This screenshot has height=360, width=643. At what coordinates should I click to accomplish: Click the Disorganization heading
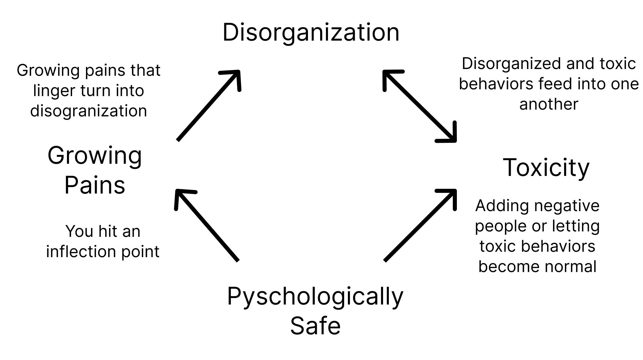click(x=311, y=32)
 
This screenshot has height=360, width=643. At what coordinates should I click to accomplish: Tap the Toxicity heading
click(x=546, y=167)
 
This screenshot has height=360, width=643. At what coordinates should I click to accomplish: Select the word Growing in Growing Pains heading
click(x=95, y=156)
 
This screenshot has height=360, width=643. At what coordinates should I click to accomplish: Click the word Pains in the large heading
click(x=95, y=185)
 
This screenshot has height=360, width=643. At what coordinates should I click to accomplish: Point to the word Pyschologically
click(x=315, y=296)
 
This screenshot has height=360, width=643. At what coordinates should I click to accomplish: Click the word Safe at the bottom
click(x=315, y=325)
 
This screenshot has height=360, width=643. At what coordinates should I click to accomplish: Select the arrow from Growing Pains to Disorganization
click(x=208, y=106)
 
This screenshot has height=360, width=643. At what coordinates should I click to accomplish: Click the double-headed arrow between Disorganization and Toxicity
click(x=420, y=106)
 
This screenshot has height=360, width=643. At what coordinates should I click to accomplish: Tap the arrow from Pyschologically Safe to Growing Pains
click(x=206, y=225)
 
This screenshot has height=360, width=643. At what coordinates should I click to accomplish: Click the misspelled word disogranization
click(x=88, y=111)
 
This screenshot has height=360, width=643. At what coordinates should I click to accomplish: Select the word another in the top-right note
click(x=549, y=104)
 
